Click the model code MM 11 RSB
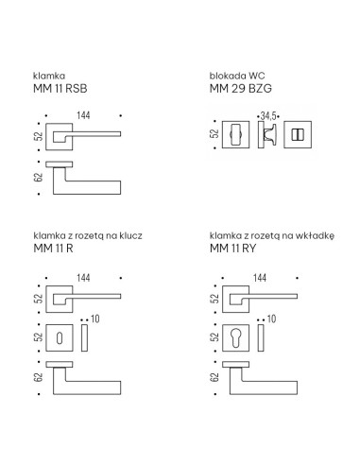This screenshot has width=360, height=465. click(60, 89)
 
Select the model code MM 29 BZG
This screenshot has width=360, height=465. click(241, 89)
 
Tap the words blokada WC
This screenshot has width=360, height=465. click(237, 76)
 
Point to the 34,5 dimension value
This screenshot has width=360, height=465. click(268, 116)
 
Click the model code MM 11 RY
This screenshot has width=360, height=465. click(232, 249)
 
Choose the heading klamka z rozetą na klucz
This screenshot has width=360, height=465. click(88, 235)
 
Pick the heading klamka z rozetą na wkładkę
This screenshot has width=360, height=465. click(272, 235)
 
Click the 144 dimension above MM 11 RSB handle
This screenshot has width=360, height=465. click(83, 115)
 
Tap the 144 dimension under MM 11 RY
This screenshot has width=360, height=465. click(260, 278)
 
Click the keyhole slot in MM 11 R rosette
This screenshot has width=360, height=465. click(60, 338)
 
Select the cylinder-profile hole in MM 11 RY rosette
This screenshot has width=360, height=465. click(235, 337)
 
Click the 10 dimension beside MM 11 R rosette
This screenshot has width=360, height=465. click(95, 319)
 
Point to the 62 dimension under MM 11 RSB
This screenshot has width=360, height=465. click(38, 178)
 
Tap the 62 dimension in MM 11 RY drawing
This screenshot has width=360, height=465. click(214, 377)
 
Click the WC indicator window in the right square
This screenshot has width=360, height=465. click(298, 135)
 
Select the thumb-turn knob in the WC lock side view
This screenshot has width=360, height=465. click(270, 134)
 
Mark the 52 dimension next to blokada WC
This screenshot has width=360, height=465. click(214, 134)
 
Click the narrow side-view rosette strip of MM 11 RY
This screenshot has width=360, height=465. click(261, 337)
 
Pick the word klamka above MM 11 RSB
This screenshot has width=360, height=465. click(49, 76)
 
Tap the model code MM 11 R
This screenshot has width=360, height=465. click(53, 249)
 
